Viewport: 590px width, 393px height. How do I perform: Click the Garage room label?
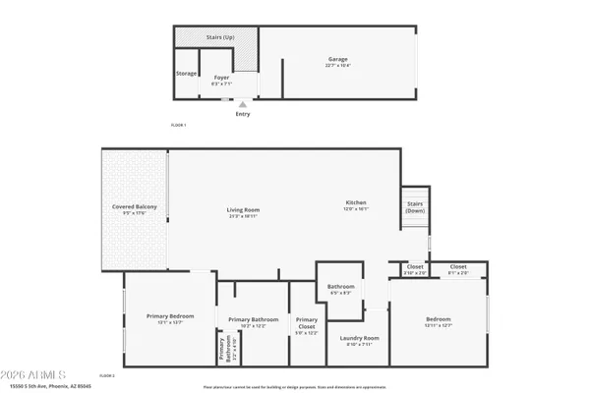[337, 59]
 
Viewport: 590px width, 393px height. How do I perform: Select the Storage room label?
[186, 74]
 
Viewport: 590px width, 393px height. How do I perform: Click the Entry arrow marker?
[243, 103]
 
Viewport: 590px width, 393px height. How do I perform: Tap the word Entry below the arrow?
[243, 114]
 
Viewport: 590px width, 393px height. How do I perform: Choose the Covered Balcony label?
[135, 206]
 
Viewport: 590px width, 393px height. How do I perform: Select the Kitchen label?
[355, 202]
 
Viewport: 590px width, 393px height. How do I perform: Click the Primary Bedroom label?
[170, 315]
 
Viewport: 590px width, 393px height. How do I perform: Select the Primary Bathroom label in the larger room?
[254, 319]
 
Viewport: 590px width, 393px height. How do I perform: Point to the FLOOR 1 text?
[178, 125]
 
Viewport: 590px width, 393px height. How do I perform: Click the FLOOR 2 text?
[108, 375]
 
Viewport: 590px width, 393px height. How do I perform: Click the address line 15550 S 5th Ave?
[49, 387]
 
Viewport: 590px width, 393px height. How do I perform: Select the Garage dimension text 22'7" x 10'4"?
[337, 66]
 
